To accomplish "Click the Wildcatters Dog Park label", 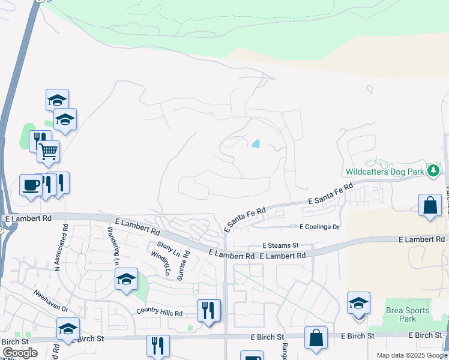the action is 384,172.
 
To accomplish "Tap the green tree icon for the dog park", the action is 433,171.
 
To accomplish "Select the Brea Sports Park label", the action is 408,314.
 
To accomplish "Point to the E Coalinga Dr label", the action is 319,227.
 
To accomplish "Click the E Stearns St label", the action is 280,245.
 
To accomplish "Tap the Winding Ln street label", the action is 161,263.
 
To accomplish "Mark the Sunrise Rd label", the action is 183,265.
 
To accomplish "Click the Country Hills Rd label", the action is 159,312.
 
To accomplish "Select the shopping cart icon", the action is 48,151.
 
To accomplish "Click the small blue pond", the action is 256,143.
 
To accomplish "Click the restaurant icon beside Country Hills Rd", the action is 208,310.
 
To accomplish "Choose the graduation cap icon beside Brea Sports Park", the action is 358,302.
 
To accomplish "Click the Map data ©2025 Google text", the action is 412,355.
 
